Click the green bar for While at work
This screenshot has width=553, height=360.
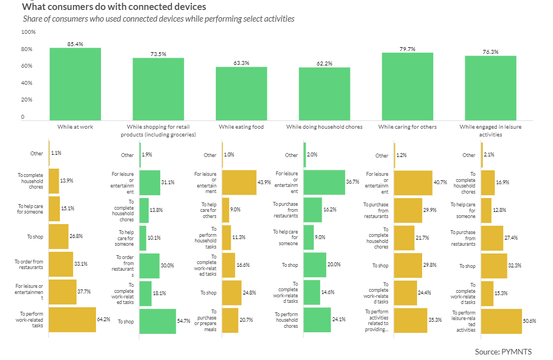(75, 83)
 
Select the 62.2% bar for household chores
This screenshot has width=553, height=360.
(324, 93)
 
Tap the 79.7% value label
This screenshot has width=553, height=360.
(407, 49)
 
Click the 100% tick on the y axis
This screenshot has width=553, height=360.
(28, 32)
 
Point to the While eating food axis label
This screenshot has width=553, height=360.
(241, 127)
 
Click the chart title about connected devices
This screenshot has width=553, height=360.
(114, 7)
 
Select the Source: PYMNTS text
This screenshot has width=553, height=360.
(504, 352)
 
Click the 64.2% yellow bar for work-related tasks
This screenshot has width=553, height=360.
(72, 320)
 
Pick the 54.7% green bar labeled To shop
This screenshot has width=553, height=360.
(158, 321)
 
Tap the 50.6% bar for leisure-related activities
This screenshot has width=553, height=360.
(501, 321)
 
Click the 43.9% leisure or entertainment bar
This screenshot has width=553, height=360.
(239, 182)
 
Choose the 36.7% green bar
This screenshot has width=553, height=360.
(324, 182)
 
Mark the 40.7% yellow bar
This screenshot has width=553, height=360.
(413, 182)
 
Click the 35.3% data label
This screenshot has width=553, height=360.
(435, 320)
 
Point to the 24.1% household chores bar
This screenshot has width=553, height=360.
(317, 320)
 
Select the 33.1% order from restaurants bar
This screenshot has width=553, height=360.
(61, 265)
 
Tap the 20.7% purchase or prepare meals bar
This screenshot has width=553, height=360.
(230, 320)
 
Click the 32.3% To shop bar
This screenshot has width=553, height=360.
(494, 266)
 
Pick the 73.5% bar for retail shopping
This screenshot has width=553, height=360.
(158, 89)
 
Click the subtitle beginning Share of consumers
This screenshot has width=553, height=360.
(159, 19)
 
